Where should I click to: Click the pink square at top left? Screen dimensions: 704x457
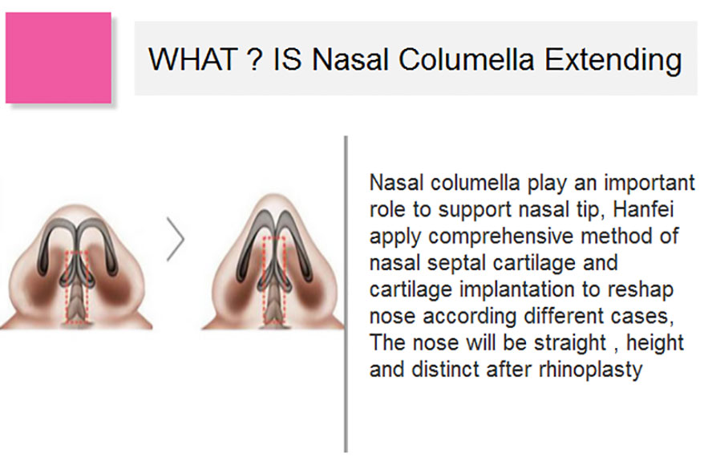click(59, 58)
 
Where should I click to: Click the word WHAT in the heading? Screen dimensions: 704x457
click(193, 59)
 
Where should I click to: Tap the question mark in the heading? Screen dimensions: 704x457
click(254, 59)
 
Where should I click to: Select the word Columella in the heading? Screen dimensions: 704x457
click(466, 59)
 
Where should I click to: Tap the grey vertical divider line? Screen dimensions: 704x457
click(346, 294)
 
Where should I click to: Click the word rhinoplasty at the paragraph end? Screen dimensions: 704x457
click(590, 370)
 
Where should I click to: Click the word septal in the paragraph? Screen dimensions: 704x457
click(455, 264)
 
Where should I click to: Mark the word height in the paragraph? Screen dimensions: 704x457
click(655, 343)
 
